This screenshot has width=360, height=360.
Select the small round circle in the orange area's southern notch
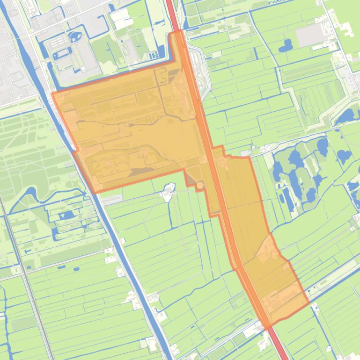[x=200, y=186]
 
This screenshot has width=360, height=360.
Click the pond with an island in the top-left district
[x=75, y=36]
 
